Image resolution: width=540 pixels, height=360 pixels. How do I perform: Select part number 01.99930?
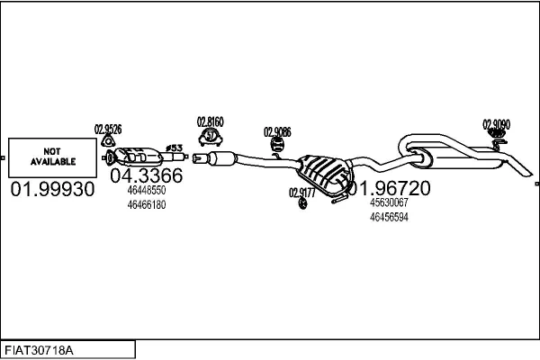tap(52, 189)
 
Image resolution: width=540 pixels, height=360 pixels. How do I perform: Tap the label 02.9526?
tap(108, 129)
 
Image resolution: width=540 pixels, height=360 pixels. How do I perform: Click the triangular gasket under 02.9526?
tap(110, 141)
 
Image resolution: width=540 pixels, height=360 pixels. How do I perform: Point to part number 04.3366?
tap(146, 175)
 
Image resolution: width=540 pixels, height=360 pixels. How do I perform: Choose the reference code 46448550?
tap(146, 191)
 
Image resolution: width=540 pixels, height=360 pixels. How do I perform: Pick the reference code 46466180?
tap(146, 204)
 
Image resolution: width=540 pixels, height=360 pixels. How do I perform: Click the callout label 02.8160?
tap(210, 121)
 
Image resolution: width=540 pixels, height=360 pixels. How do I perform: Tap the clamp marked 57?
tap(210, 137)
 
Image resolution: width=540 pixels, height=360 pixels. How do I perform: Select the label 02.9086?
tap(277, 132)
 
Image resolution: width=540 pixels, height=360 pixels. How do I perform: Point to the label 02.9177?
tap(301, 192)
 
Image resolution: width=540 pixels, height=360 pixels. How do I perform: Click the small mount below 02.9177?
tap(302, 205)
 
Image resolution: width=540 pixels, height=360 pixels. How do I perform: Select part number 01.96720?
tap(389, 188)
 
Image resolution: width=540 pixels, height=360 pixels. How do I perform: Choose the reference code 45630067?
tap(389, 203)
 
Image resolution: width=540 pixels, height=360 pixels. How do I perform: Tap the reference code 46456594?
tap(389, 217)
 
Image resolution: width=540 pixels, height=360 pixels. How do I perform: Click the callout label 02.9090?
tap(496, 123)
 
